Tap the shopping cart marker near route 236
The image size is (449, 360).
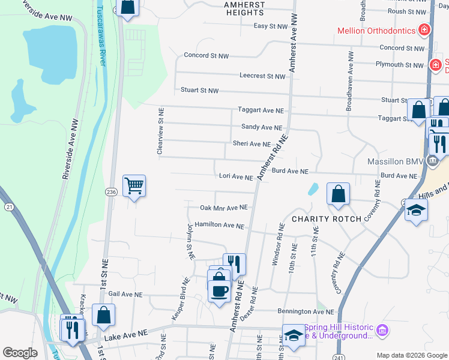134,185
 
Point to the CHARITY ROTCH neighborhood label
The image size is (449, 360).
327,219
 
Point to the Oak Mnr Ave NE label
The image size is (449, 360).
223,208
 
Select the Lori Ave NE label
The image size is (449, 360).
236,177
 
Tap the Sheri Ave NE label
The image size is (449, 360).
252,144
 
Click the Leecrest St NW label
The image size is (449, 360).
262,76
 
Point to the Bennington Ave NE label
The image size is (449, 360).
305,311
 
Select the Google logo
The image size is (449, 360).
20,353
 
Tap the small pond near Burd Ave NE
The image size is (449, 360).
313,190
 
